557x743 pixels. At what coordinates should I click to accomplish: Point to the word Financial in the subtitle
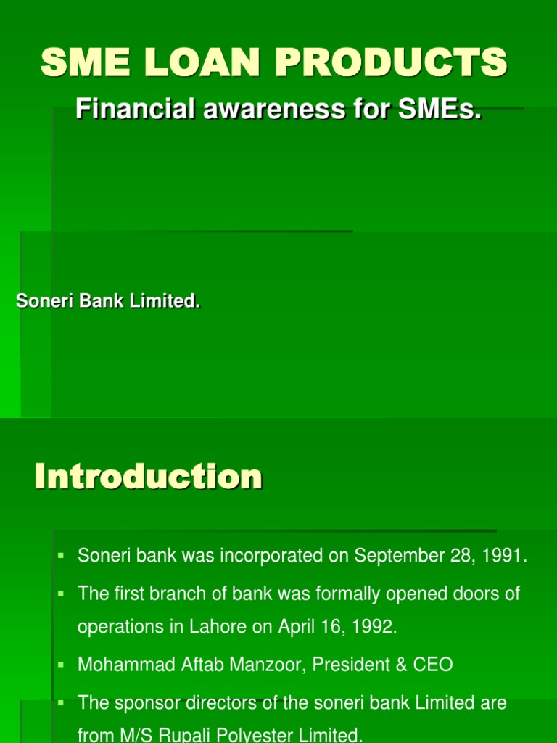[128, 110]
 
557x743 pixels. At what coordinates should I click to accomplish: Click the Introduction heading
[149, 477]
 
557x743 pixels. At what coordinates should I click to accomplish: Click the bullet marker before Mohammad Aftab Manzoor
[62, 664]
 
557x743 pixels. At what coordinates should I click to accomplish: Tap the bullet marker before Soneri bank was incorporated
[62, 557]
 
